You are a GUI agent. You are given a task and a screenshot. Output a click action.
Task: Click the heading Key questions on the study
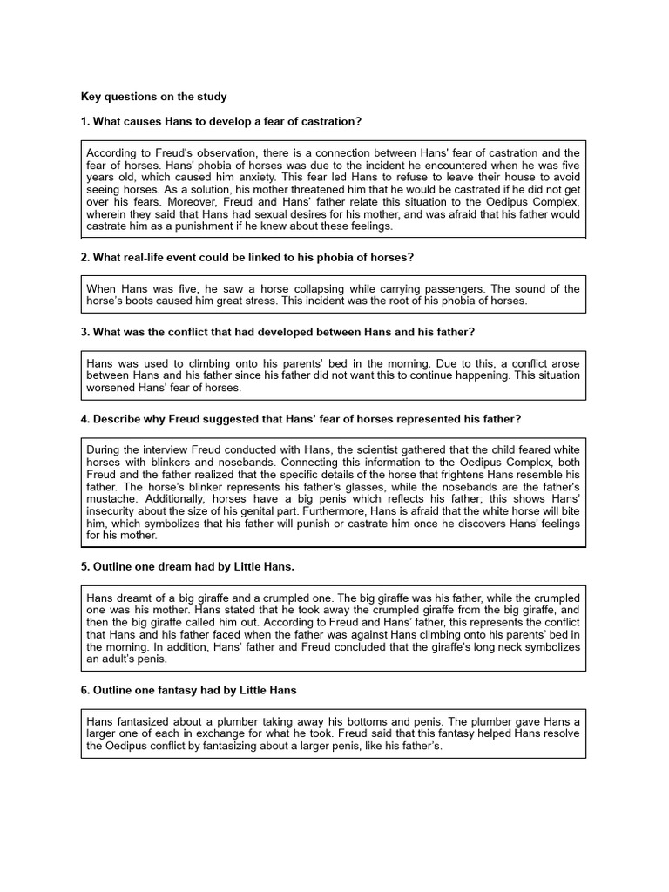tap(153, 96)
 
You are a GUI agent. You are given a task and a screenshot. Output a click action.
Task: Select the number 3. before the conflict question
tap(85, 333)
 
